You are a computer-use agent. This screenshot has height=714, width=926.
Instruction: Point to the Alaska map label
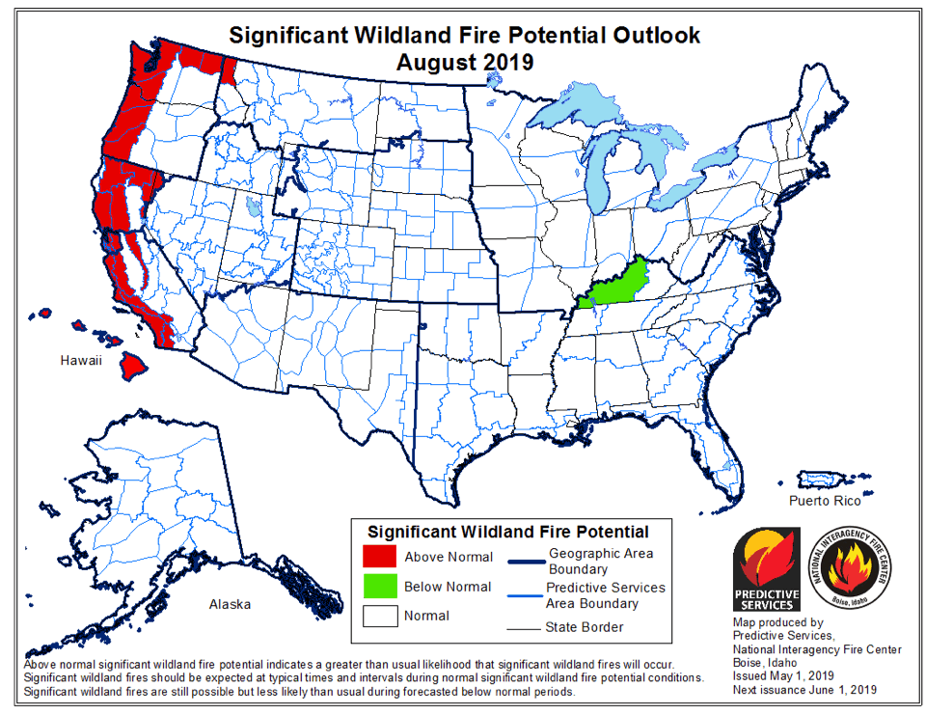(230, 604)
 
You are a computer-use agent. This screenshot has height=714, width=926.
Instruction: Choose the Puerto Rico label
(824, 501)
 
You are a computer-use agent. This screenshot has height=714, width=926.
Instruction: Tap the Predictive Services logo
(767, 569)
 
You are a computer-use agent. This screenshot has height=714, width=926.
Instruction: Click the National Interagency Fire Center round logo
(852, 569)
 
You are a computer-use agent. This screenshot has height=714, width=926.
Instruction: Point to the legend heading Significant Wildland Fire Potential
(508, 532)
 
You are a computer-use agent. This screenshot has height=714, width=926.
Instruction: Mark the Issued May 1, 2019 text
(781, 676)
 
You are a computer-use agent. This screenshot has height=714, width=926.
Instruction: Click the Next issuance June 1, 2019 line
(803, 690)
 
